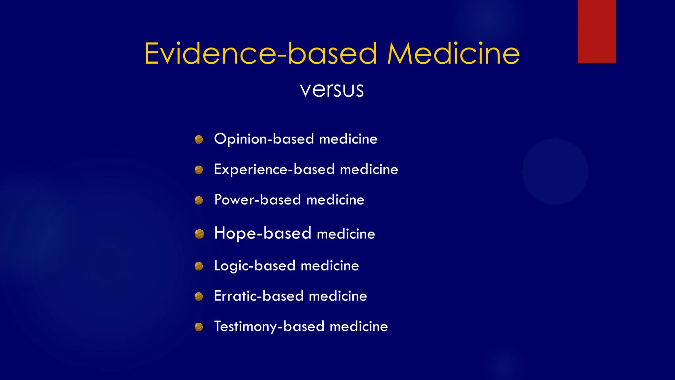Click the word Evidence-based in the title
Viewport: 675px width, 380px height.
[260, 53]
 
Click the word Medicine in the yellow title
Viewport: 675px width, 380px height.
[453, 53]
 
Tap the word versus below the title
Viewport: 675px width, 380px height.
[332, 89]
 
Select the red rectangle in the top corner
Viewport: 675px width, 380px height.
[597, 31]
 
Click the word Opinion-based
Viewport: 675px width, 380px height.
[264, 139]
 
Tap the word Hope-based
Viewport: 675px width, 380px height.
[263, 233]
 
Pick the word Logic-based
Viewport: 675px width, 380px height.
[254, 266]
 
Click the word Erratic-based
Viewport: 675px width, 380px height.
[258, 296]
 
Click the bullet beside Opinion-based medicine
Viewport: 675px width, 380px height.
[199, 140]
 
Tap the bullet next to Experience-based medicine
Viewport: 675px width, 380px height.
[199, 170]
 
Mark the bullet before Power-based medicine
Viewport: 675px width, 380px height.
[199, 200]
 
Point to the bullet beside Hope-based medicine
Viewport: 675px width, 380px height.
[199, 234]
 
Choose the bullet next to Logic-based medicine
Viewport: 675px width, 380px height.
[199, 266]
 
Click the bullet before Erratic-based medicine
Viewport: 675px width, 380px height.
[199, 297]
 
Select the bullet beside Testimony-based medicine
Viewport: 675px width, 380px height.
[199, 327]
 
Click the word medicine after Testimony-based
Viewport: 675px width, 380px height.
[359, 327]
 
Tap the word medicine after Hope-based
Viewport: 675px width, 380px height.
[346, 234]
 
